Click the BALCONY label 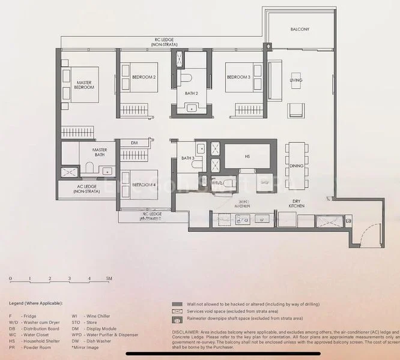coord(300,29)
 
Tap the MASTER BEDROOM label coord(84,85)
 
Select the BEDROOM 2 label coord(145,77)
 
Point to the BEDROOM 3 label coord(238,77)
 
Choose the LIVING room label coord(296,80)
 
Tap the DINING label coord(296,166)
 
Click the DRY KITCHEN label coord(296,203)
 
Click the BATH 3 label coord(187,158)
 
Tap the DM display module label coord(135,143)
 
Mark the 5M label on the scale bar coord(109,279)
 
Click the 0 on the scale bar coord(10,279)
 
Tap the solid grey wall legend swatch coord(176,304)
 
